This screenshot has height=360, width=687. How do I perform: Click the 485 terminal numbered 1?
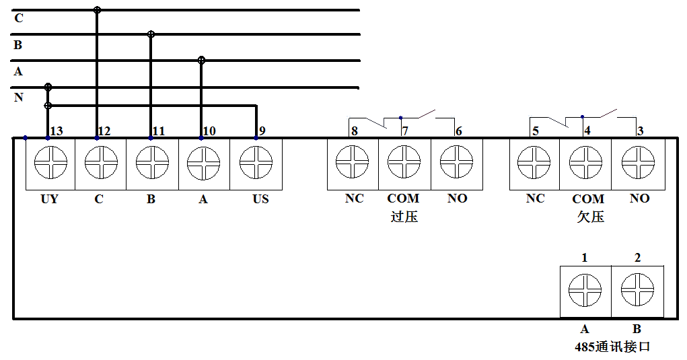tap(585, 291)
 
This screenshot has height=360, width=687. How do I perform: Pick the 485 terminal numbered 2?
tap(637, 291)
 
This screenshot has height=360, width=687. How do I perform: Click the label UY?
tap(49, 200)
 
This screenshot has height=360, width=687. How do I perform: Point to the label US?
tap(260, 200)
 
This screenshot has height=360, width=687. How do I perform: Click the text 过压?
tap(404, 217)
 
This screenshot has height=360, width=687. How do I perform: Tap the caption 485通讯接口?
tap(612, 347)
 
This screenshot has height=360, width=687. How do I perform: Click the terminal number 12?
tap(104, 131)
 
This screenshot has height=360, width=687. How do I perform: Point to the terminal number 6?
tap(458, 131)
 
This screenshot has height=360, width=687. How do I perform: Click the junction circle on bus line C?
tap(97, 10)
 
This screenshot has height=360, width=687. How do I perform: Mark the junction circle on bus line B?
tap(151, 34)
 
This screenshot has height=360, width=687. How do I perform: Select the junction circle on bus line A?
tap(201, 60)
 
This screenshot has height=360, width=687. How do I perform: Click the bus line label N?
tap(19, 98)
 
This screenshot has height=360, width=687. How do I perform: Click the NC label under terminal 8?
tap(354, 199)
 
